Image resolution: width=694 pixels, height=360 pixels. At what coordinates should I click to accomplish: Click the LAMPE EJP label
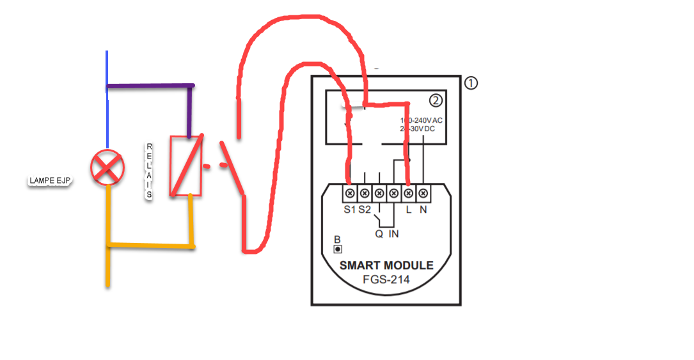pos(50,181)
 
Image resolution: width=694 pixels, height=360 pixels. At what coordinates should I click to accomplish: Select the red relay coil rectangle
pos(186,166)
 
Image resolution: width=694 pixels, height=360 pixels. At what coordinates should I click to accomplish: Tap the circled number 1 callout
pos(471,83)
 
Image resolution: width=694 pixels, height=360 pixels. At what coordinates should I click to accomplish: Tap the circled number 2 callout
pos(436,101)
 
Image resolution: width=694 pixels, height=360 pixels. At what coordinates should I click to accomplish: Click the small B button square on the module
pos(338,249)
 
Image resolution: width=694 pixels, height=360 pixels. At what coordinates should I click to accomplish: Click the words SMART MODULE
pos(386,265)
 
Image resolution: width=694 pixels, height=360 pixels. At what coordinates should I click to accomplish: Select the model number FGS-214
pos(386,279)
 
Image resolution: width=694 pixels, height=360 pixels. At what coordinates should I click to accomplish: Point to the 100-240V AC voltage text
pos(421,120)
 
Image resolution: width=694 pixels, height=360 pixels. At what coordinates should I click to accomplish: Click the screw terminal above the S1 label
pos(350,192)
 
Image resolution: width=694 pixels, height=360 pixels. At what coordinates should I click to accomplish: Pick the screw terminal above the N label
pos(422,192)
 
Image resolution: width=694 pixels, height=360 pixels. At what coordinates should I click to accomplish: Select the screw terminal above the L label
pos(407,192)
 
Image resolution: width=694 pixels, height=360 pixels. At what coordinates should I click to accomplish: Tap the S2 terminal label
pos(364,209)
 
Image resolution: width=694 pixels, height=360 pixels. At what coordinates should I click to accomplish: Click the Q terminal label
pos(379,234)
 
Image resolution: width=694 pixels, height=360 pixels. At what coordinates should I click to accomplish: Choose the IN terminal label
pos(393,234)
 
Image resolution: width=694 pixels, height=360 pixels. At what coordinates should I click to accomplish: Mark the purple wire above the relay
pos(151,85)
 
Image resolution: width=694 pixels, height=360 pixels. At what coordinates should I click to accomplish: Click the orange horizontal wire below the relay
pos(151,245)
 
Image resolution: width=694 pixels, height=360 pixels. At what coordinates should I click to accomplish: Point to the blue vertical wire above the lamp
pos(107,115)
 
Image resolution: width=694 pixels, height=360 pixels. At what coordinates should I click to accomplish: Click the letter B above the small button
pos(337,239)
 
